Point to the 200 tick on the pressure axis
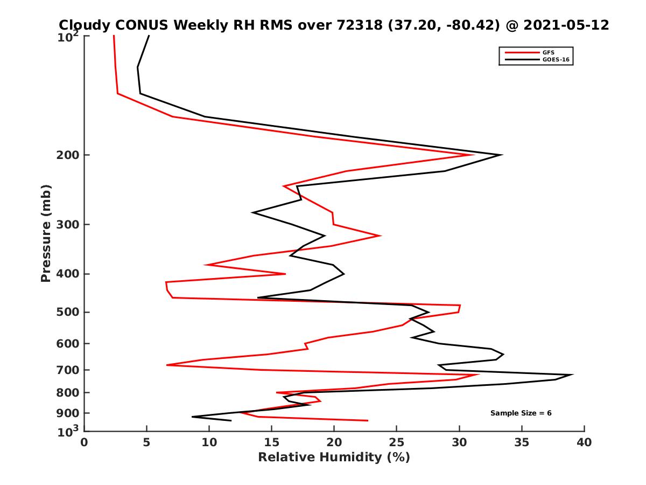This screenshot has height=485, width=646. (68, 155)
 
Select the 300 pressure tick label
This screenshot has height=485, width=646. (68, 225)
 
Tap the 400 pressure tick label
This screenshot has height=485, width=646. (68, 274)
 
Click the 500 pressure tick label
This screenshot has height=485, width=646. (68, 312)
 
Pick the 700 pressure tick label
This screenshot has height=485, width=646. (68, 370)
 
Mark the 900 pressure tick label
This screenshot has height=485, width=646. (68, 413)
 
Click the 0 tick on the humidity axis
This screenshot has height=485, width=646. (85, 442)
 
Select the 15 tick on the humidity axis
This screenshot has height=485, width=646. (271, 442)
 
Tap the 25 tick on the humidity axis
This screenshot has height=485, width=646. (397, 442)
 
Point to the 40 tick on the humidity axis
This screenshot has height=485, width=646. (584, 442)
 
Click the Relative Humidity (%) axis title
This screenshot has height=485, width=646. (334, 458)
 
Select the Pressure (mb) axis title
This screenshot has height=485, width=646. (46, 233)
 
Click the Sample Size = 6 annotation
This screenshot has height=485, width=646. (521, 413)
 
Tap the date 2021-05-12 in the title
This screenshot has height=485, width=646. (564, 25)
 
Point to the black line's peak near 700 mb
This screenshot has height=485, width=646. (572, 375)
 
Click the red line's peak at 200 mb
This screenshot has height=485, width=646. (473, 155)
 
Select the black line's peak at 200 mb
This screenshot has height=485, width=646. (502, 155)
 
